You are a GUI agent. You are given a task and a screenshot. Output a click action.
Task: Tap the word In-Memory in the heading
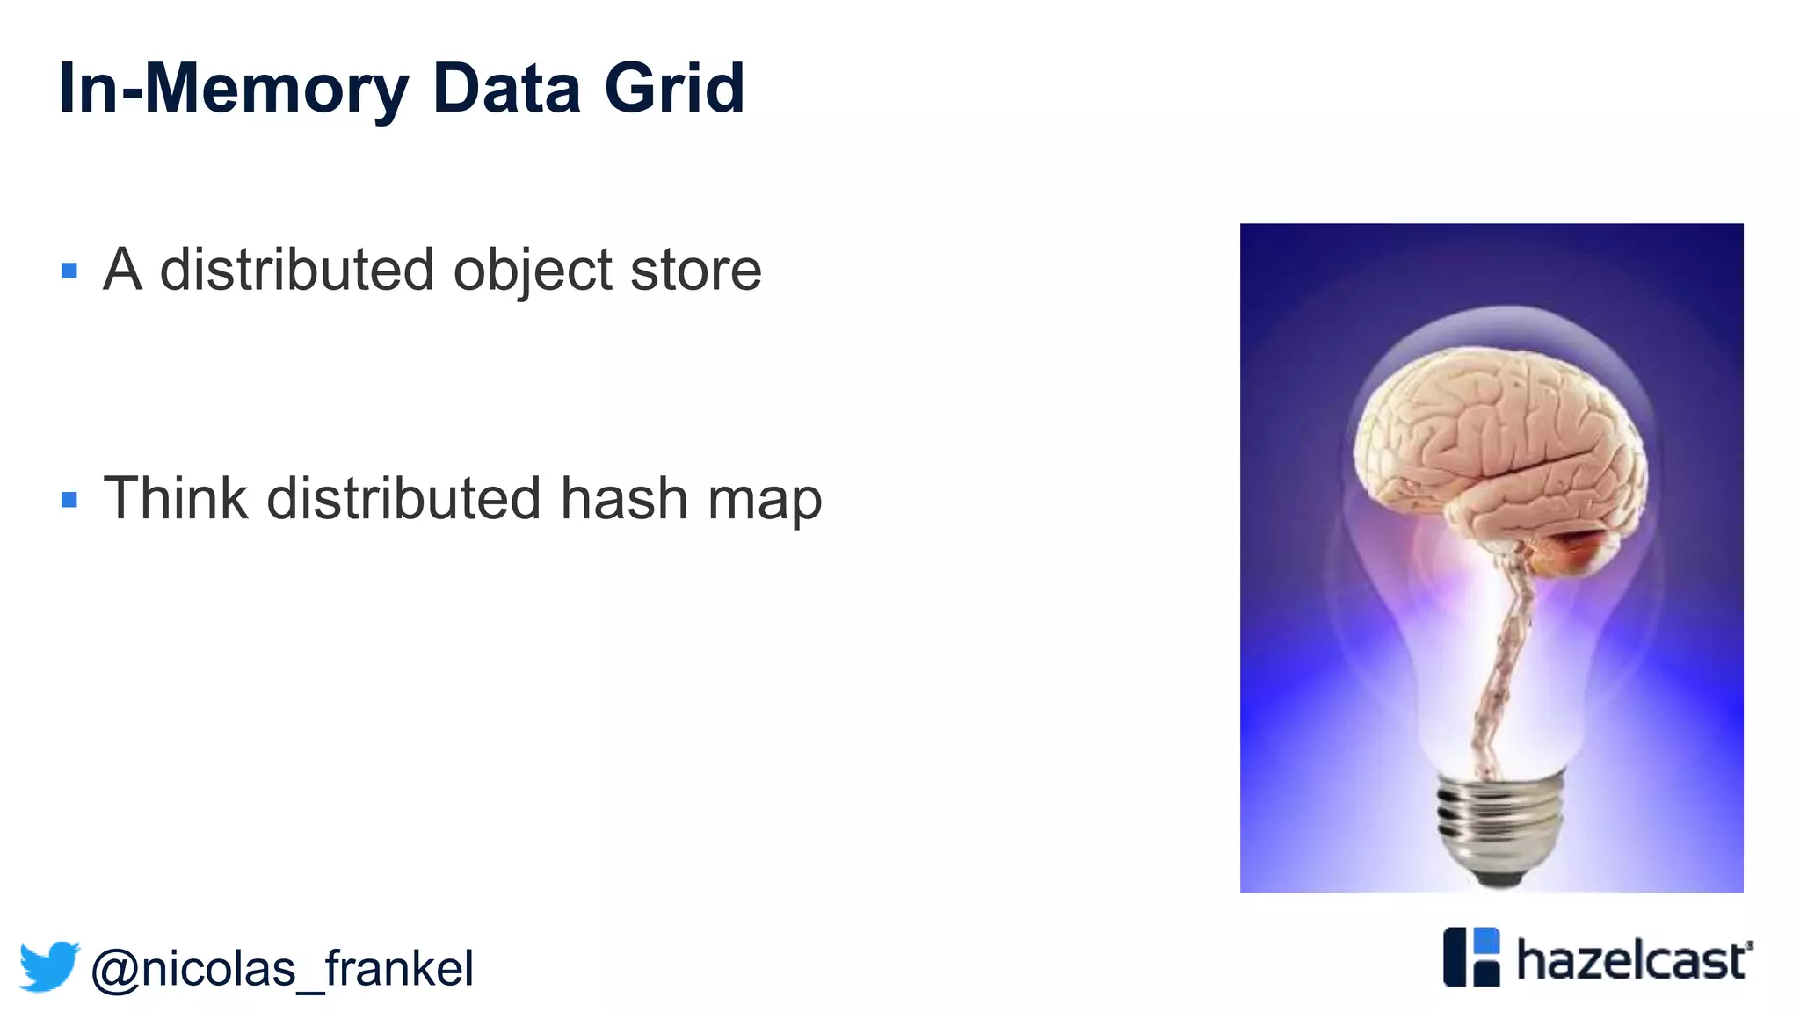point(233,90)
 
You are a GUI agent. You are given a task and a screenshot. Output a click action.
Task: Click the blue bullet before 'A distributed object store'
point(69,271)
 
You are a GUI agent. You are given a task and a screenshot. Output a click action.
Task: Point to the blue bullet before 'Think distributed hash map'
point(69,500)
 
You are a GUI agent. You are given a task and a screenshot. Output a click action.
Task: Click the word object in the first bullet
point(532,271)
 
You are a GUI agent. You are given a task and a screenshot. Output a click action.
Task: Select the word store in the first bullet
point(695,271)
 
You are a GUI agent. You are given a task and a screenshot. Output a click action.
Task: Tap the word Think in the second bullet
point(176,498)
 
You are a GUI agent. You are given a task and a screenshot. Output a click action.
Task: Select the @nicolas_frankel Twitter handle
point(282,969)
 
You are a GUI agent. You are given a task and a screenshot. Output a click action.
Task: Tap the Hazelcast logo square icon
point(1471,957)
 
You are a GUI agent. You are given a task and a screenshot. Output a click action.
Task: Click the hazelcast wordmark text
point(1634,960)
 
